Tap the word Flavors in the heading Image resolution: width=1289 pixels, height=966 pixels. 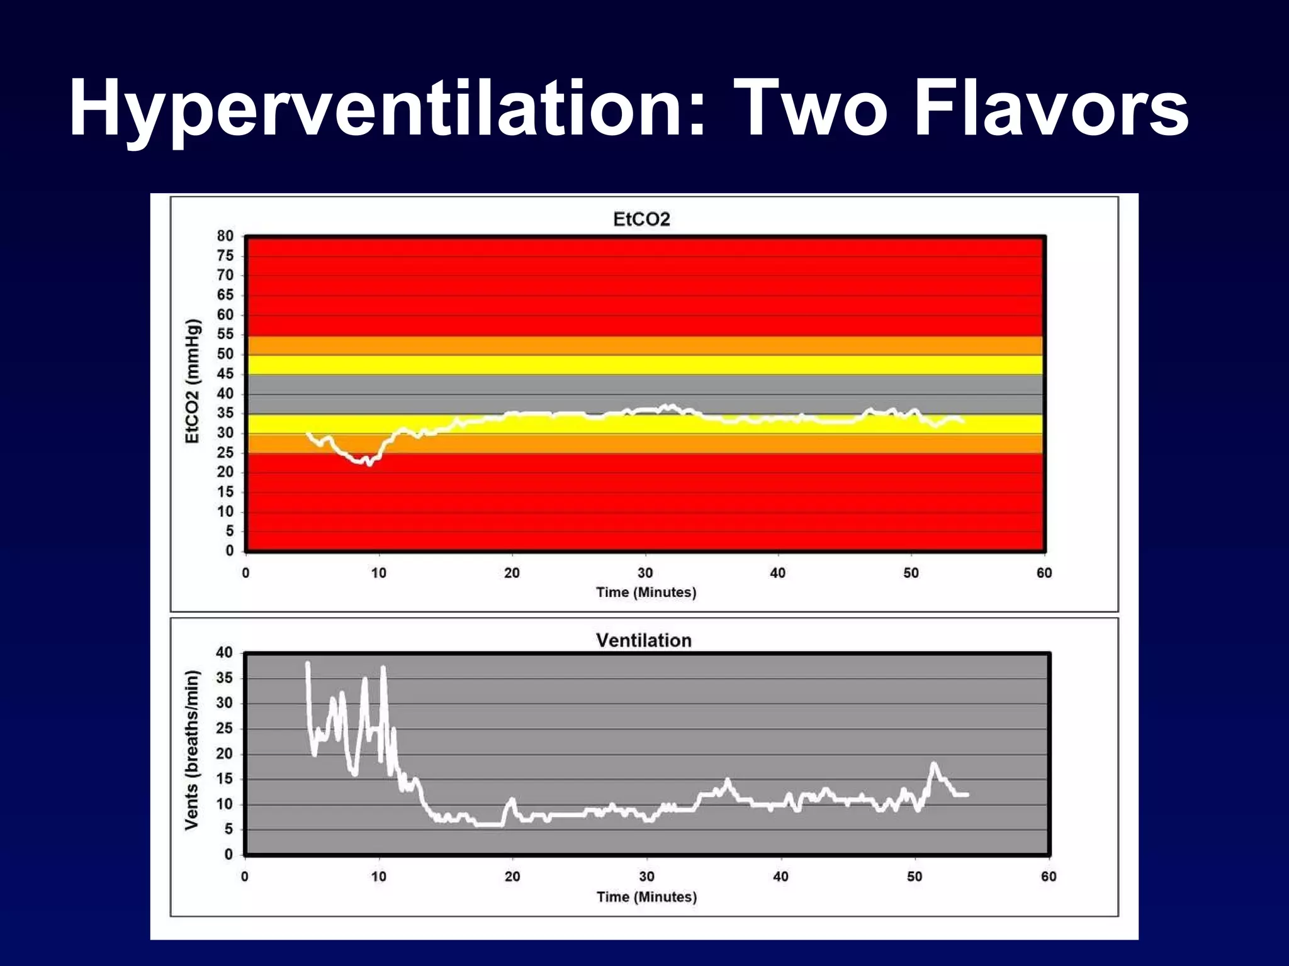[x=1051, y=108]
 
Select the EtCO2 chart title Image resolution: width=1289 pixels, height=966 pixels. [x=641, y=219]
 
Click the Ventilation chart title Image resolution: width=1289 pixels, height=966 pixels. [x=643, y=640]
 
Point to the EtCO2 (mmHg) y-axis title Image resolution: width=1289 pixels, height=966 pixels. [x=193, y=381]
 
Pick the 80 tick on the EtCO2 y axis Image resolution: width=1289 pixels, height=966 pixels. [x=225, y=236]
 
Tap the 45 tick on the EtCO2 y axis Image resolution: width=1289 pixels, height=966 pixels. [x=225, y=374]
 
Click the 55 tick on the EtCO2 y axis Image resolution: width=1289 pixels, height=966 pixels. [x=225, y=334]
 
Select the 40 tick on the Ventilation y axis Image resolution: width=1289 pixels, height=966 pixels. [x=225, y=653]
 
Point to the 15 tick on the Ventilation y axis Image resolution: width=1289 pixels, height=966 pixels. [x=225, y=779]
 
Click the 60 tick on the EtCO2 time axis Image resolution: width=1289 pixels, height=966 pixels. [x=1044, y=573]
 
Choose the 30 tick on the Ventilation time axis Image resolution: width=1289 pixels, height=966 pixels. [x=646, y=876]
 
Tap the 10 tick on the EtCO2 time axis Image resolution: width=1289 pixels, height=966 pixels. [x=378, y=573]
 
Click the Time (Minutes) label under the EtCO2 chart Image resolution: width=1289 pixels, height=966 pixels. [x=646, y=592]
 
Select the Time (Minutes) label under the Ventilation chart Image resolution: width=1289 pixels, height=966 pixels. [x=646, y=897]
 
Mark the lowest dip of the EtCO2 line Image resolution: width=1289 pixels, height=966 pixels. [x=369, y=464]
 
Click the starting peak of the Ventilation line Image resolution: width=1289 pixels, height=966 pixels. [x=307, y=663]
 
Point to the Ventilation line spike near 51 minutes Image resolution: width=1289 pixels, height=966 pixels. [x=933, y=764]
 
